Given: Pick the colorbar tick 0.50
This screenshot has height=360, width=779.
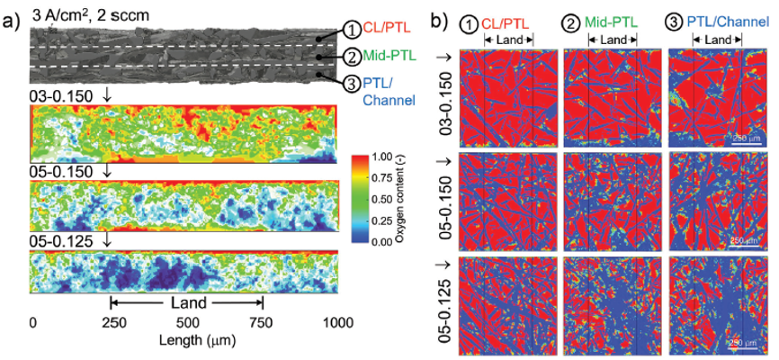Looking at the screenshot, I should click(x=396, y=199).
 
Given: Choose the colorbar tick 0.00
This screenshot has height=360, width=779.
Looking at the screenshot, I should click(x=396, y=241).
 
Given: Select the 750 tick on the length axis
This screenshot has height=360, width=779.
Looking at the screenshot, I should click(x=263, y=322).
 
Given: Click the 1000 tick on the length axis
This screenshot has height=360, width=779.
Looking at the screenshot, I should click(x=338, y=322).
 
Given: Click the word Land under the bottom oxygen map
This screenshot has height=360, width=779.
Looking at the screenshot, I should click(x=186, y=303).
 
